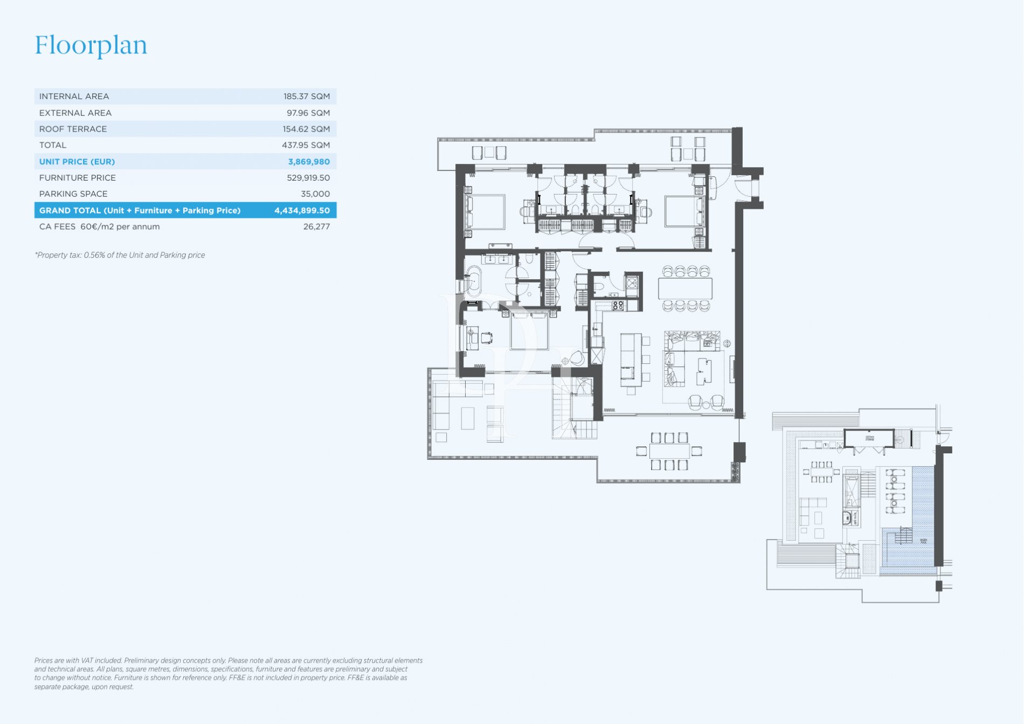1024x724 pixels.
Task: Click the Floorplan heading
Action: [91, 45]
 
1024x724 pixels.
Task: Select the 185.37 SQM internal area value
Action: [306, 96]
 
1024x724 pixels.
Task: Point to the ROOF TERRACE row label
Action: [73, 129]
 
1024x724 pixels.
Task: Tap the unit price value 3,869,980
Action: [308, 162]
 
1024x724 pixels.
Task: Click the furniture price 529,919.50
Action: [308, 178]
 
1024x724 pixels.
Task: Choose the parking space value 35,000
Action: [315, 194]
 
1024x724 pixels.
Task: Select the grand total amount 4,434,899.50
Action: [302, 211]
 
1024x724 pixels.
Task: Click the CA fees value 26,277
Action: [316, 227]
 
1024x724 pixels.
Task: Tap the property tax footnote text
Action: [120, 256]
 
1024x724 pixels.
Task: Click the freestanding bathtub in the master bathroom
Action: [473, 281]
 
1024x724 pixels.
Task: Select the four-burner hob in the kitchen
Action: [618, 306]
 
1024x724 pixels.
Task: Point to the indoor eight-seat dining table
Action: [685, 288]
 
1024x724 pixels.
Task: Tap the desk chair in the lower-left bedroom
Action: [487, 338]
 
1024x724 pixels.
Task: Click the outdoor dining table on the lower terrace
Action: [669, 451]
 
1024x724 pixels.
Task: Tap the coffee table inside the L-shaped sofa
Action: [703, 371]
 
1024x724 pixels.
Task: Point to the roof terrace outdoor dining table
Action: [821, 472]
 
